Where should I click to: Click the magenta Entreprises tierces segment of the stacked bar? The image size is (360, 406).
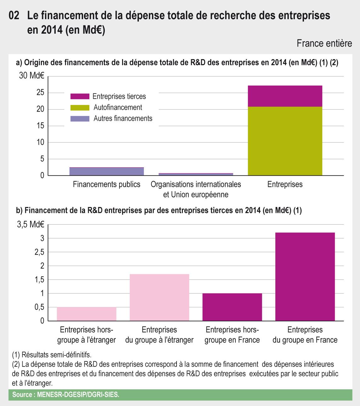285,96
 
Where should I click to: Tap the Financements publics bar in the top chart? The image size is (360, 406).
107,171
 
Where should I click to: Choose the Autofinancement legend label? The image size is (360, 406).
118,108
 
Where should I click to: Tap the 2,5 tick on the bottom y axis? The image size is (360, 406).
39,252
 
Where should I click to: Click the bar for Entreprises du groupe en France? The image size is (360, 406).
305,277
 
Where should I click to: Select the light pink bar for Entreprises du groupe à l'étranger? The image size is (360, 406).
159,298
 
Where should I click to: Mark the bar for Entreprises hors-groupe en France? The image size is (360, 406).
232,307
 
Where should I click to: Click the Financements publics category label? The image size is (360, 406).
106,184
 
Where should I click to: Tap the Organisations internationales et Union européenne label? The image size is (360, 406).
196,189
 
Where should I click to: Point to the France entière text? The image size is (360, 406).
324,43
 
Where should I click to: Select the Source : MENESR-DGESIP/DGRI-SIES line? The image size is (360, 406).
66,395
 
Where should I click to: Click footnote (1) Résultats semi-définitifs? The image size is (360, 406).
52,355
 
